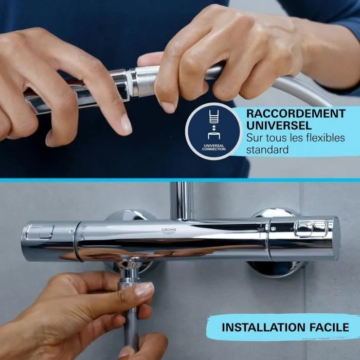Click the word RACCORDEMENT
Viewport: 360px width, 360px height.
(296, 113)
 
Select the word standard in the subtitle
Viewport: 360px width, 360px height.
(267, 150)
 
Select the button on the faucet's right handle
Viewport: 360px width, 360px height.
(311, 228)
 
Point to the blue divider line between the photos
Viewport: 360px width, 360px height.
(180, 180)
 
